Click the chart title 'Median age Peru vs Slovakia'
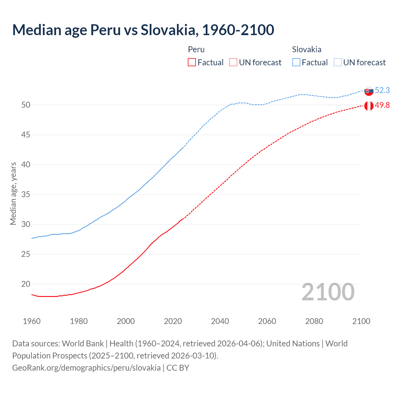[143, 30]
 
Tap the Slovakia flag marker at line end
[369, 91]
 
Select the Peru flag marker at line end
[369, 106]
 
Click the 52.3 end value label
[382, 90]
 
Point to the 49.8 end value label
[382, 105]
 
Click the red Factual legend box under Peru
[192, 62]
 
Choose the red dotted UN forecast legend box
[233, 62]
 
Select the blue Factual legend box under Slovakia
[296, 62]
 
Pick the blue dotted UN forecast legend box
[338, 62]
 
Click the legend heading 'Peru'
[196, 49]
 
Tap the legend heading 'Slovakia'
[307, 49]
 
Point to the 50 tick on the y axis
[26, 105]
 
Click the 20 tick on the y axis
[26, 284]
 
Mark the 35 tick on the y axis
[26, 194]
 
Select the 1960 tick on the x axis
[32, 321]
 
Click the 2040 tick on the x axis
[220, 321]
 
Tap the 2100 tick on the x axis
[361, 321]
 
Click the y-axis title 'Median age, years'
[13, 193]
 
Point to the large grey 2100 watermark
[328, 292]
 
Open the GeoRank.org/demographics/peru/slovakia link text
[86, 368]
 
